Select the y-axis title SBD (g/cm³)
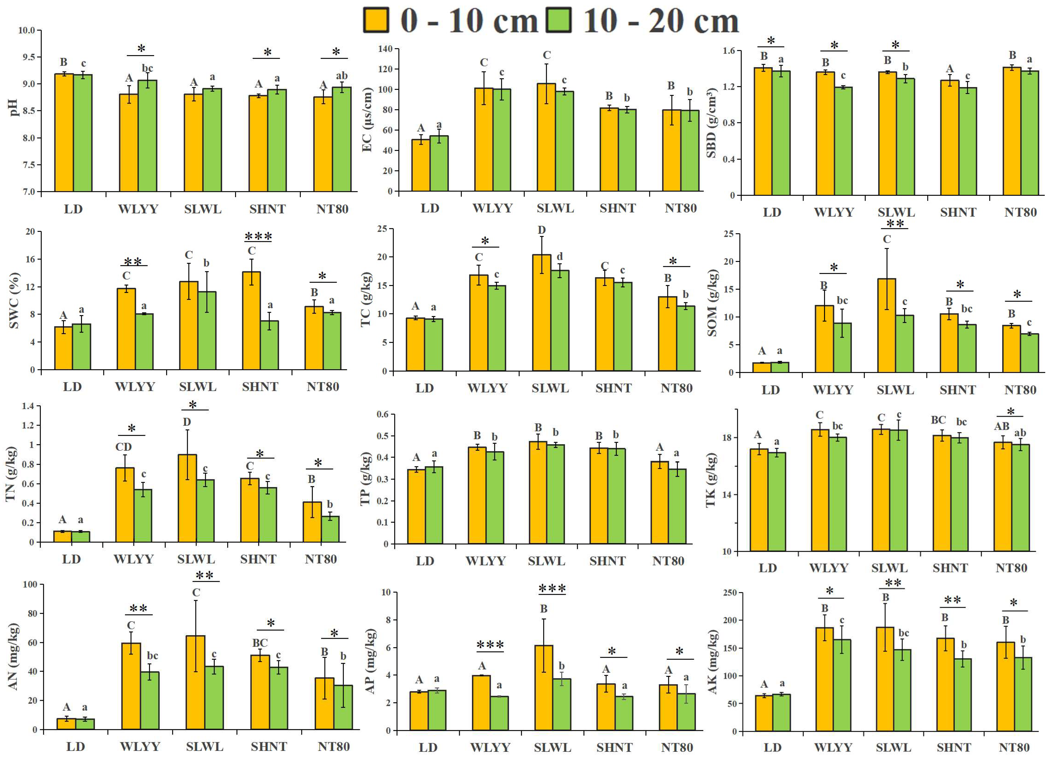(711, 123)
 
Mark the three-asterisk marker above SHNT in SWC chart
(258, 237)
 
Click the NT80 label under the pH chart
(332, 209)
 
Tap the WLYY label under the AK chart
(833, 747)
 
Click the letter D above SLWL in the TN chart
(187, 422)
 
